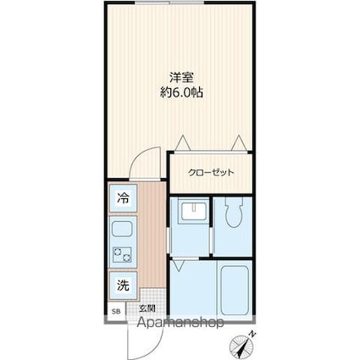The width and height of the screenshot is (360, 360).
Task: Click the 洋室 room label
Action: coord(181,77)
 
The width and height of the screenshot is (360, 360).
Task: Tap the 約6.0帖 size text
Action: coord(181,92)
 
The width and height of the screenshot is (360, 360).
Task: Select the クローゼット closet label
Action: coord(211,172)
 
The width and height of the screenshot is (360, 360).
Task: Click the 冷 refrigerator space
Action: coord(124,198)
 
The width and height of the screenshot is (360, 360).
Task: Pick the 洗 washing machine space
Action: coord(124,285)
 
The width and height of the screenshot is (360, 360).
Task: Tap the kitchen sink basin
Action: coord(123,230)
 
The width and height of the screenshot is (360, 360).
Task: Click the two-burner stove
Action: coord(122,254)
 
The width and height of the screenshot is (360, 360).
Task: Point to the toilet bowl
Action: coord(234,212)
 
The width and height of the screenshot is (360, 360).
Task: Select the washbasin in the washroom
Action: coord(193,211)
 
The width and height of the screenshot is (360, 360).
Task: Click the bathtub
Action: coord(235,290)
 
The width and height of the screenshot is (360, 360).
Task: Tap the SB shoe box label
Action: coord(116,312)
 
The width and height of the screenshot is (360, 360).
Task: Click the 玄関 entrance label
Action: coord(147,308)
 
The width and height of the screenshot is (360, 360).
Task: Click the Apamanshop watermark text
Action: coord(180,323)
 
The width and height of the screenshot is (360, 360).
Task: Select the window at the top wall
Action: coord(169,3)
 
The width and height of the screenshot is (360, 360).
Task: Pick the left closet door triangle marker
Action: coord(182,143)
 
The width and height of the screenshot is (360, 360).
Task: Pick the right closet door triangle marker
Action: coord(240,143)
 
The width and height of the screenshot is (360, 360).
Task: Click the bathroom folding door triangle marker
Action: coord(178,266)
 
